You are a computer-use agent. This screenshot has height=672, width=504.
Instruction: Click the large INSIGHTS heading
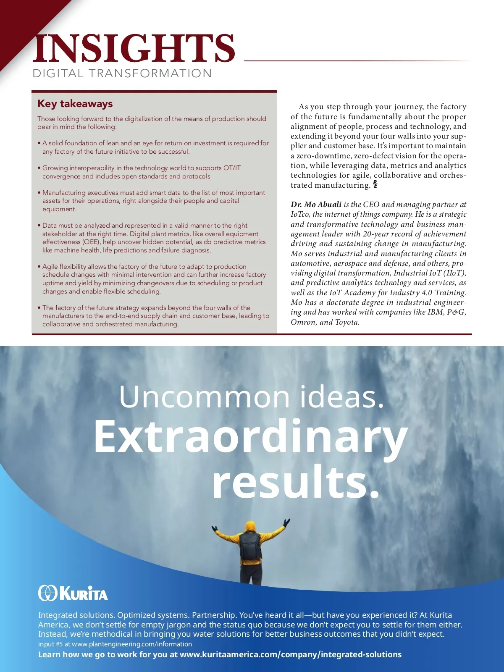tap(134, 49)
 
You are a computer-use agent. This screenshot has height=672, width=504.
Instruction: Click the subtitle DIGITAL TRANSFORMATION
tap(122, 73)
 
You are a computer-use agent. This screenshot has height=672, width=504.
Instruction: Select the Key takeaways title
tap(75, 104)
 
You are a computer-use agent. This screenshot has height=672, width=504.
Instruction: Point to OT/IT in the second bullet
tap(232, 168)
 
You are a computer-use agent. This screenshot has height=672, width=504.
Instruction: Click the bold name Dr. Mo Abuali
tap(316, 205)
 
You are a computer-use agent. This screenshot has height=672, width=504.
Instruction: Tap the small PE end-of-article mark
tap(375, 184)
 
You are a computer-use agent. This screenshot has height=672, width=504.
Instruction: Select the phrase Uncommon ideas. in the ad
tap(252, 396)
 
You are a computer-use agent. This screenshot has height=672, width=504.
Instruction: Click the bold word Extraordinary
tap(250, 437)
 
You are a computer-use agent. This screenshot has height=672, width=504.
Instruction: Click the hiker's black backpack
tap(251, 546)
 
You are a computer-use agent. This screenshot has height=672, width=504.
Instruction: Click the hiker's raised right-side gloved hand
tap(286, 523)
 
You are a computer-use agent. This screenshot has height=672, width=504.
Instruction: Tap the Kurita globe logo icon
tap(47, 593)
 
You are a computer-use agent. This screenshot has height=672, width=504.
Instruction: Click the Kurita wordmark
tap(84, 593)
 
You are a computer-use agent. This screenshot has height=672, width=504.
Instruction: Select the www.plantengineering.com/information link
tap(132, 644)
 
